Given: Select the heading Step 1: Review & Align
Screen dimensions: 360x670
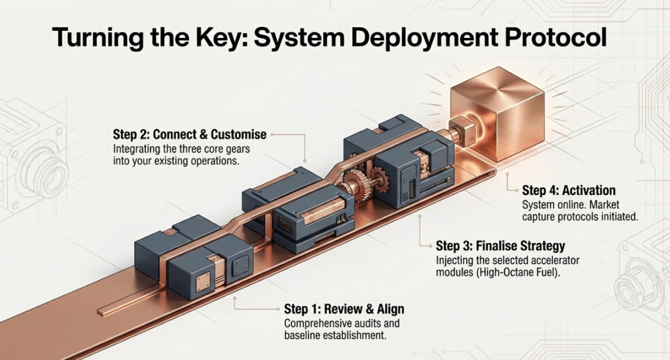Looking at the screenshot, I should pos(344,309).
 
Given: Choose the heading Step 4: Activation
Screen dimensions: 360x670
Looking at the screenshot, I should pos(569,190).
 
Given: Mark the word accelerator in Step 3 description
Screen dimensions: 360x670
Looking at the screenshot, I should pos(529,260).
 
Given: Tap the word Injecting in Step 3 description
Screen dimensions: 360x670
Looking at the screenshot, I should pos(455,260).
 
